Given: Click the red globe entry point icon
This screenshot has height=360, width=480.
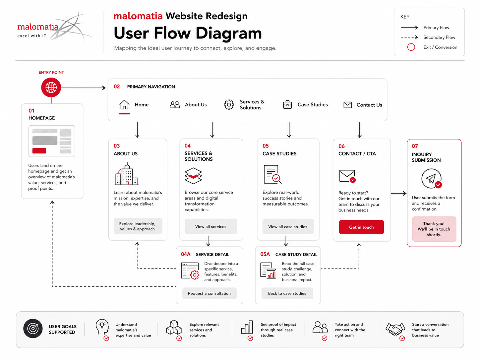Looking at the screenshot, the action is (x=51, y=88).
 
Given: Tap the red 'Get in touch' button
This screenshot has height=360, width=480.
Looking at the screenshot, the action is (x=361, y=227).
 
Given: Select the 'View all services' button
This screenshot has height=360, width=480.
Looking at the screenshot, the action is (x=211, y=227).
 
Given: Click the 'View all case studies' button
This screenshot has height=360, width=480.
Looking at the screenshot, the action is (x=288, y=227).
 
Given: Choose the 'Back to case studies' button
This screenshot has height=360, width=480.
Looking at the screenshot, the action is (x=287, y=293).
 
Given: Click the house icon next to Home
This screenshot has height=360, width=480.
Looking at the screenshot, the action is (x=124, y=104).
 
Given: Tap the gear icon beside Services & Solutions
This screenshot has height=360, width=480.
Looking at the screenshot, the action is (x=229, y=105).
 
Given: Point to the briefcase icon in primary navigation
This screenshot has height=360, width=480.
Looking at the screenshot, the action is (x=287, y=105).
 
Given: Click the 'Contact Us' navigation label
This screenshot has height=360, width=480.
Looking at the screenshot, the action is (x=369, y=105).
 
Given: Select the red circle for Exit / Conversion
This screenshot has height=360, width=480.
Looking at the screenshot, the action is (x=411, y=47).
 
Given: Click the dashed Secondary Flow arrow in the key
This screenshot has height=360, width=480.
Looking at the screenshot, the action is (x=409, y=37).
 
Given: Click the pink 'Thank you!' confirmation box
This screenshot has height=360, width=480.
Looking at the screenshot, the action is (x=434, y=229).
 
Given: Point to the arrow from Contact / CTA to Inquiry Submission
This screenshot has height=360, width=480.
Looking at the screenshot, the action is (x=399, y=194).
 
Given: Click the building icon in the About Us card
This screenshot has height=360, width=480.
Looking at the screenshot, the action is (x=127, y=174).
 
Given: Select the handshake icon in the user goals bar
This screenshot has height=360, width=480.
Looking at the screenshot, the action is (x=395, y=329).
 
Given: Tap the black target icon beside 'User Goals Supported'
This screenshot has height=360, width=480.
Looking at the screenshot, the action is (x=33, y=329).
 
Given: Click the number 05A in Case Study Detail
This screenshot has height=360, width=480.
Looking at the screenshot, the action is (x=265, y=254).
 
